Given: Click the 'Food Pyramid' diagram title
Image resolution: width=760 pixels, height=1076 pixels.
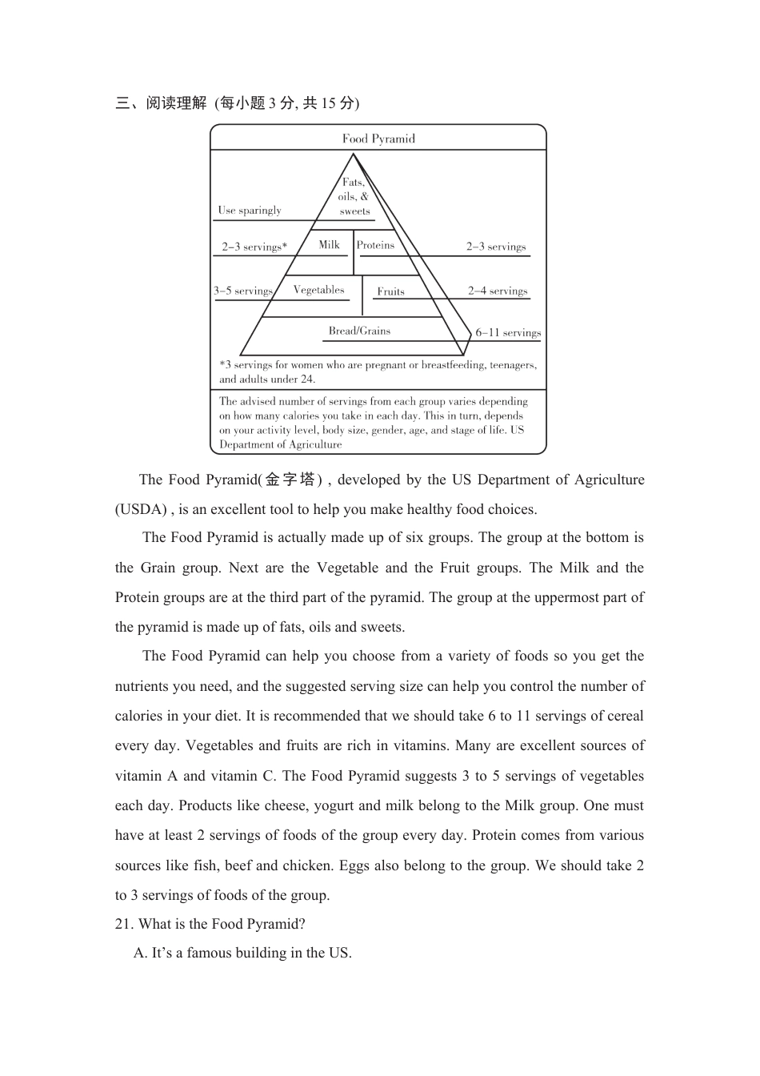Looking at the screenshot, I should [378, 139].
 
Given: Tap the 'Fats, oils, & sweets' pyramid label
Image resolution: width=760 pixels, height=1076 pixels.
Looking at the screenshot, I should [354, 197].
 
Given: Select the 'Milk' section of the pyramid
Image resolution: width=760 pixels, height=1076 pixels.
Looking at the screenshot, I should [329, 245].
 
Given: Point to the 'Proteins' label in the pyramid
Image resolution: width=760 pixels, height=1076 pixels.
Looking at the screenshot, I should [375, 246].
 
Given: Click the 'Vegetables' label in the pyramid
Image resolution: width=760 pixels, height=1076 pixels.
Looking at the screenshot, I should [318, 290].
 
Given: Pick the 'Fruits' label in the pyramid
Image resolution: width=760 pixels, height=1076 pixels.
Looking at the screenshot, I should [390, 291].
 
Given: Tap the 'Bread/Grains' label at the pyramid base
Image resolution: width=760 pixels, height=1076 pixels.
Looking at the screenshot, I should [359, 331].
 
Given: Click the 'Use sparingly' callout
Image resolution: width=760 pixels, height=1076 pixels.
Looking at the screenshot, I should [250, 211].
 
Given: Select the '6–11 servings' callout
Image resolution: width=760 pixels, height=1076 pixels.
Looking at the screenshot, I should [508, 332].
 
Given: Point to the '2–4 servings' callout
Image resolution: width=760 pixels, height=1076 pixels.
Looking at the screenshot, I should [498, 291].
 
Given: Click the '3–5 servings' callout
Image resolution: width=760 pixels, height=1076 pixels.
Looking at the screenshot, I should [242, 291].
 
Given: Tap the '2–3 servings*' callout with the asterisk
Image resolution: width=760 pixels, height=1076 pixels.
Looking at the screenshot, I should [254, 247].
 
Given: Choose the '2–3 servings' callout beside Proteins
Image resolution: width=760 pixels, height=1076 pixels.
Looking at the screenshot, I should [496, 247].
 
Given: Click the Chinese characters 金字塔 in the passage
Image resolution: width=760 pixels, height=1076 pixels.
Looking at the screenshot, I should [290, 480].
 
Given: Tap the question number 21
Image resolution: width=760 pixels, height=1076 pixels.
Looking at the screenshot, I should [123, 924].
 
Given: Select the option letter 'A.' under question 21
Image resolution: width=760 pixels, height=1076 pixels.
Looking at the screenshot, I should [141, 953].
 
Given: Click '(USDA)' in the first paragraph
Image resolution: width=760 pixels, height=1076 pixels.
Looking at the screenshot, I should [141, 509].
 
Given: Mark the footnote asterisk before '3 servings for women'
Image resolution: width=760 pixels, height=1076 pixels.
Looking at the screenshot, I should [222, 364].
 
